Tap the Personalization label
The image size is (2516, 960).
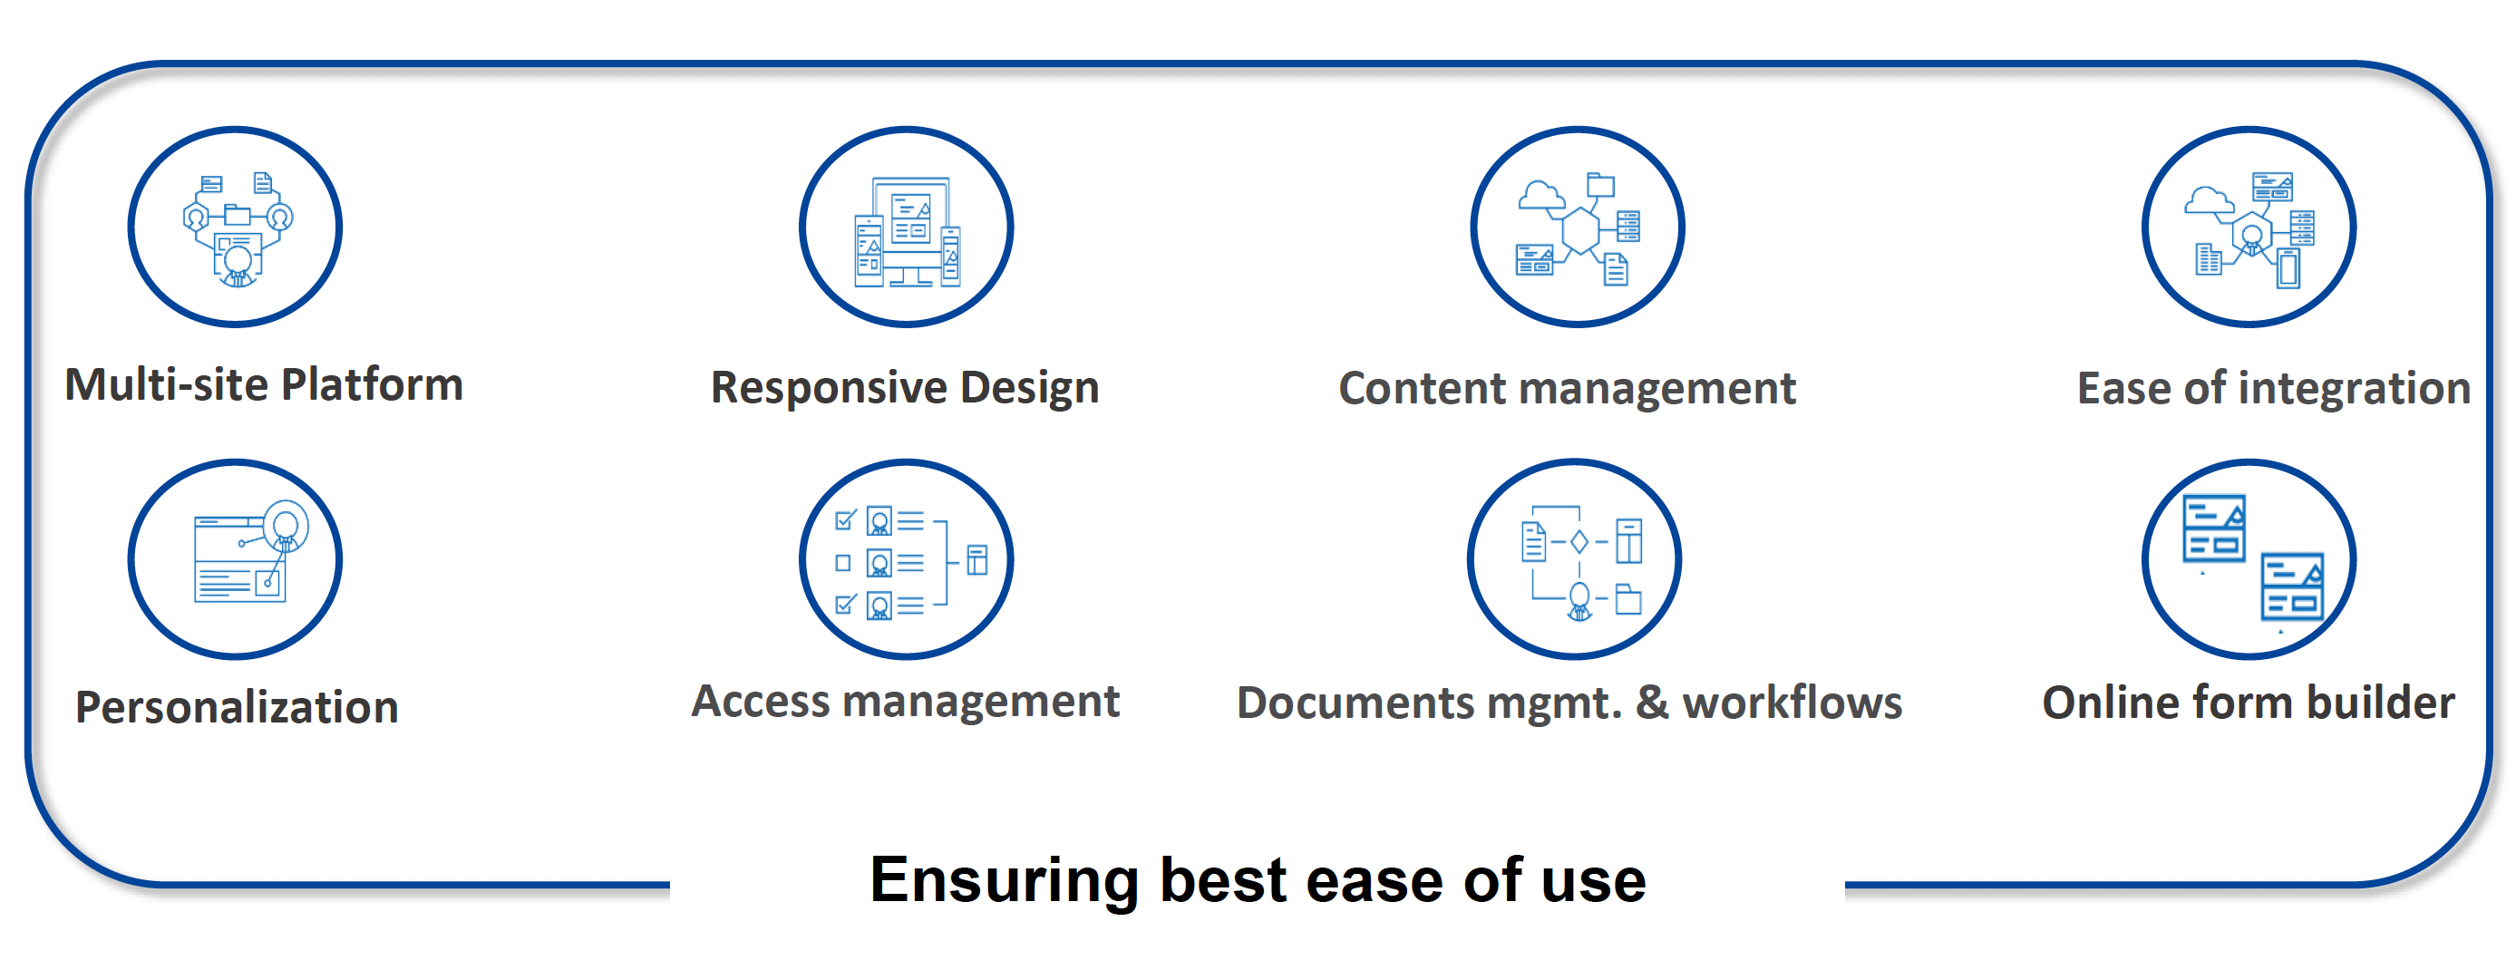pyautogui.click(x=238, y=707)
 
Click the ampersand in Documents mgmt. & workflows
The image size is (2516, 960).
pyautogui.click(x=1652, y=703)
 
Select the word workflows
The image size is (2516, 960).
pyautogui.click(x=1792, y=703)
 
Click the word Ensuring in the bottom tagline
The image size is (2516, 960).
pyautogui.click(x=1004, y=881)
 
